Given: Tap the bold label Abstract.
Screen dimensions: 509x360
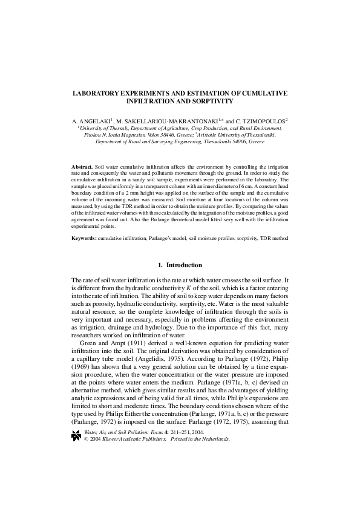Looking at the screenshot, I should [x=82, y=166].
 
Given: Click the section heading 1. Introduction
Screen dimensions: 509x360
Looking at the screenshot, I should [x=180, y=266].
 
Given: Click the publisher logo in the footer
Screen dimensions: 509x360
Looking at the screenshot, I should [x=76, y=468].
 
